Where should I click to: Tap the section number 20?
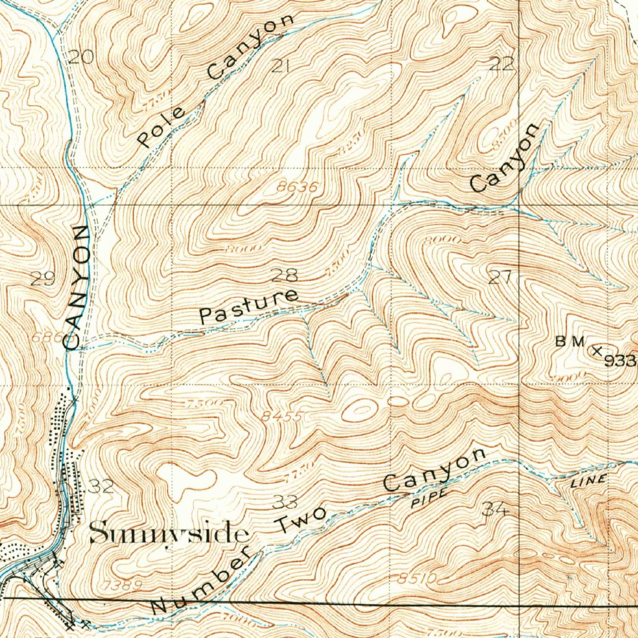80,59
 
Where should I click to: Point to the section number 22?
502,64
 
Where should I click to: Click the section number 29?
42,279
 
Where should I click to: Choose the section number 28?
285,274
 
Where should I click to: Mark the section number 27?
500,278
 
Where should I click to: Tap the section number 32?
101,487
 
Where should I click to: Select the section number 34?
495,510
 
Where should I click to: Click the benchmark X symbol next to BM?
596,351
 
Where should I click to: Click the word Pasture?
248,305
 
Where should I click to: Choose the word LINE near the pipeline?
588,480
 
